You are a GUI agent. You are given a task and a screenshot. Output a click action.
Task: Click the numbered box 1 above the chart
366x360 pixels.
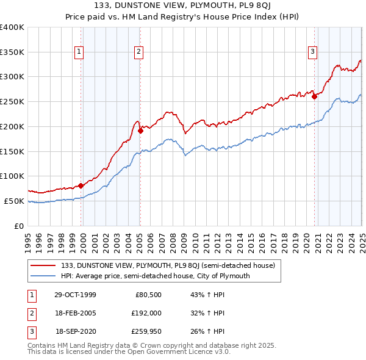tap(79, 52)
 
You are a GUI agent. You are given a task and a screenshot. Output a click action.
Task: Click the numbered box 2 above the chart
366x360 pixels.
tap(139, 52)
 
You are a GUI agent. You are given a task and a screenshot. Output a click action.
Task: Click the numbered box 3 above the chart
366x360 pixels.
tap(312, 52)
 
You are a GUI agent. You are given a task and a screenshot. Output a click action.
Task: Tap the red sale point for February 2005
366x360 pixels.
tap(140, 130)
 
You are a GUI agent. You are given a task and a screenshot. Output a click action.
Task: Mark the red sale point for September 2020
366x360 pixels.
tap(314, 96)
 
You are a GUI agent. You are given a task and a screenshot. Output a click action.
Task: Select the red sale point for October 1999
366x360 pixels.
tap(81, 185)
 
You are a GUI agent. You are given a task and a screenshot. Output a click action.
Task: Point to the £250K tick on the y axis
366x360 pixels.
tap(13, 101)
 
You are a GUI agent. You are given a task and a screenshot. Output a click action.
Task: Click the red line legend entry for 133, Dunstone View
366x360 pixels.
tap(168, 265)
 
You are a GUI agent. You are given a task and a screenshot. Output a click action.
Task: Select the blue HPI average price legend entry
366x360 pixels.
tap(156, 276)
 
